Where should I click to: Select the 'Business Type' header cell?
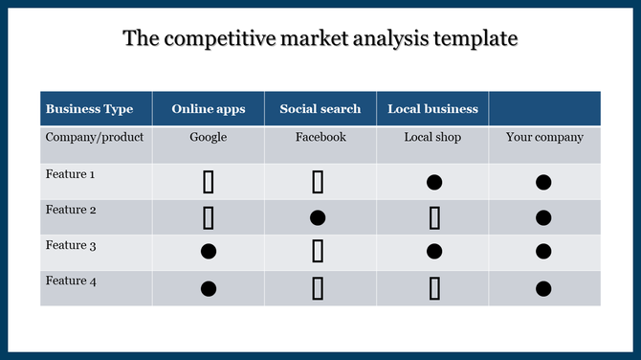click(89, 109)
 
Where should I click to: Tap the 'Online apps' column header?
click(208, 109)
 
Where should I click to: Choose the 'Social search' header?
click(320, 109)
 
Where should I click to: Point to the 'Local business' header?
click(431, 109)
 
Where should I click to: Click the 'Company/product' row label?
click(95, 137)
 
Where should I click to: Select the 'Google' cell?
click(208, 137)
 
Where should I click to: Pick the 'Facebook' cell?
click(320, 137)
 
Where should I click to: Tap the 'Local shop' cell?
click(432, 137)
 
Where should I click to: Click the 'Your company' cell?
click(543, 137)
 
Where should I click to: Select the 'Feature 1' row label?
click(70, 174)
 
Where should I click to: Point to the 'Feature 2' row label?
click(70, 210)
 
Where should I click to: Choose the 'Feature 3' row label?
click(70, 245)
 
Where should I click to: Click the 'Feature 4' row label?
click(70, 281)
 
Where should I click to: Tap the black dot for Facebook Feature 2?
click(318, 217)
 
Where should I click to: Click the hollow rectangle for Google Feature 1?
click(208, 182)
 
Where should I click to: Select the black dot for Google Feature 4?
click(208, 287)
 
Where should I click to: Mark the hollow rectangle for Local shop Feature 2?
click(434, 218)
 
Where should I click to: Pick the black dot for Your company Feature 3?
click(543, 252)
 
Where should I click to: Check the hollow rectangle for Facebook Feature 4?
click(318, 287)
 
